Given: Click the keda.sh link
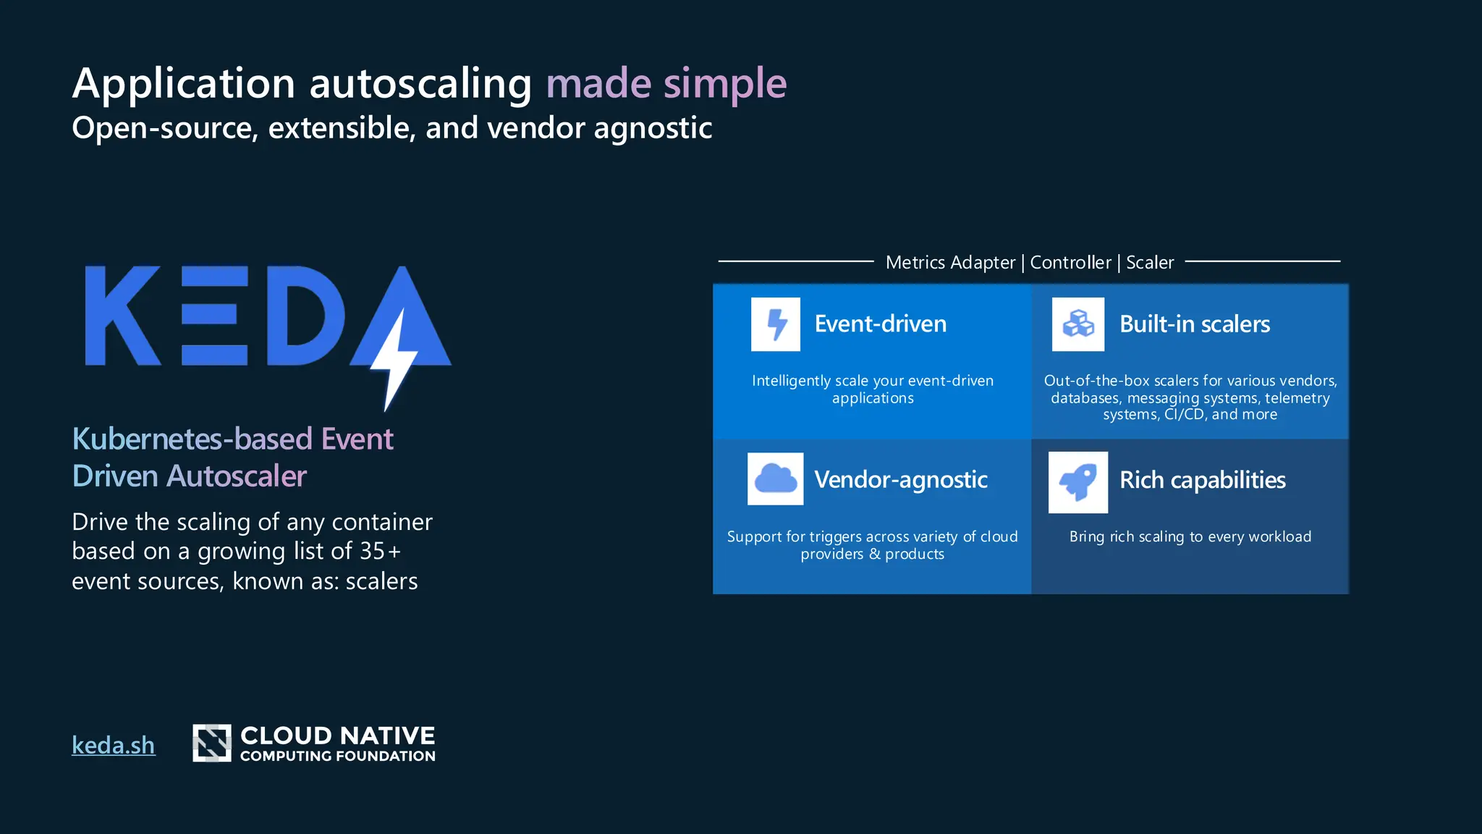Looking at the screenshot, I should [113, 745].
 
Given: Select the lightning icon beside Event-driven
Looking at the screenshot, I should [775, 324].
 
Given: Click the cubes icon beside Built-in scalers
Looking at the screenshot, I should [1077, 324].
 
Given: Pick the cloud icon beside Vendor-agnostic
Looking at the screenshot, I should [775, 479].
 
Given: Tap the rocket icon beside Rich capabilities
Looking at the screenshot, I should [1077, 482].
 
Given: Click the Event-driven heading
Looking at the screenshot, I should [880, 324].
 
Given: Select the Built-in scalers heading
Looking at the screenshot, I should [1194, 324].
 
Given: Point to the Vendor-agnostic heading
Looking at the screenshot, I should [900, 479].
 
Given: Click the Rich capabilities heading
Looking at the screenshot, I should [1202, 480].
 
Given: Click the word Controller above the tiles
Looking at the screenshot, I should [1070, 262].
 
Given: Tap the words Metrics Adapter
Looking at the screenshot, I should [950, 262].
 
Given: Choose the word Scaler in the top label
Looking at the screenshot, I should [1149, 262].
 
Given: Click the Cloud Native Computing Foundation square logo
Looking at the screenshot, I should [211, 743].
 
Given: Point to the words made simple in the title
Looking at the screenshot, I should [666, 83].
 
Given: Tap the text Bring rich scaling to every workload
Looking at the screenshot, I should [1190, 536].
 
